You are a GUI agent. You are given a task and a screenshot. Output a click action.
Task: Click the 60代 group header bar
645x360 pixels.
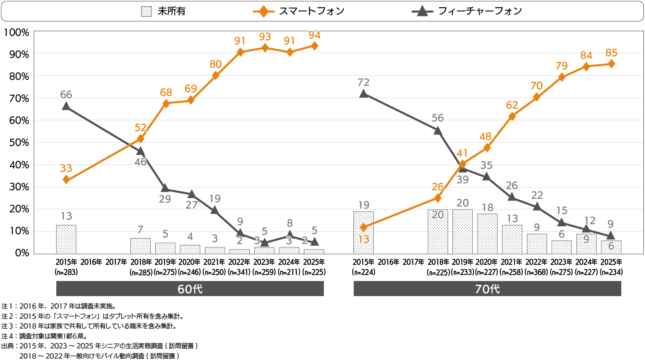click(190, 289)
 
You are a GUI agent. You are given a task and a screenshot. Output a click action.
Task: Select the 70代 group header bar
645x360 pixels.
click(487, 289)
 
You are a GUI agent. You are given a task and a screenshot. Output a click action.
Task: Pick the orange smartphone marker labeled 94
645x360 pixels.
click(314, 46)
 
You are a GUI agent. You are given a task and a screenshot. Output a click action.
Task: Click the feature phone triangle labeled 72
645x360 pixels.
click(364, 93)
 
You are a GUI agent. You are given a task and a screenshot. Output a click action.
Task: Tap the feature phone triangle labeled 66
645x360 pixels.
click(66, 106)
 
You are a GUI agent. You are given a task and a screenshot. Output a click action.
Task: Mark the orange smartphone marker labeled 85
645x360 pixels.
click(611, 64)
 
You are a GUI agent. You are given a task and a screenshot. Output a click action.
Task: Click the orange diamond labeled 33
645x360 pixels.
click(66, 180)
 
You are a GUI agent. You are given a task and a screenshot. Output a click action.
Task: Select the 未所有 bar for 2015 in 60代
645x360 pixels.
click(66, 239)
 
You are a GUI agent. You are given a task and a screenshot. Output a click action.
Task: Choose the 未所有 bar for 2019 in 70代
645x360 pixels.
click(462, 231)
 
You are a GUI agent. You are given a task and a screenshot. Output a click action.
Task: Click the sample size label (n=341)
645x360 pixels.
click(240, 272)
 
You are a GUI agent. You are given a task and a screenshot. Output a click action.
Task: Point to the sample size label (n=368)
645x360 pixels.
click(536, 272)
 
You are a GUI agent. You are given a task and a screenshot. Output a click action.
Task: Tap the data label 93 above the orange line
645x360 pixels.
click(265, 37)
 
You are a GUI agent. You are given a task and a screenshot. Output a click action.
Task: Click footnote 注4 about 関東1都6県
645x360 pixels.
click(44, 336)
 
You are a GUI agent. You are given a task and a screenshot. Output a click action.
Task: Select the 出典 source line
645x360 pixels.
click(99, 346)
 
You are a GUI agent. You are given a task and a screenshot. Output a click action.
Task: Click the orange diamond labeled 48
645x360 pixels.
click(487, 148)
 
